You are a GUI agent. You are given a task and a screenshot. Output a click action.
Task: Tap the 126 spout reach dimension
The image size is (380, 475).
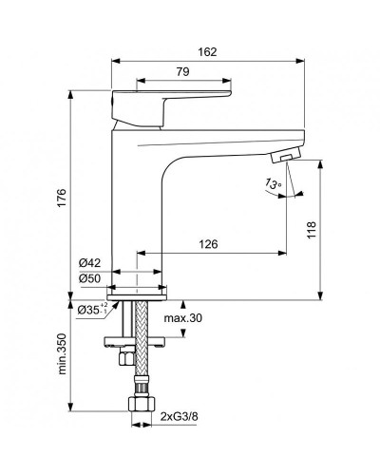coord(210,245)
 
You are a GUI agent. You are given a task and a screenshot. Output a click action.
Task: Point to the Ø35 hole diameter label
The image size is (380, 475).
coord(90,309)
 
